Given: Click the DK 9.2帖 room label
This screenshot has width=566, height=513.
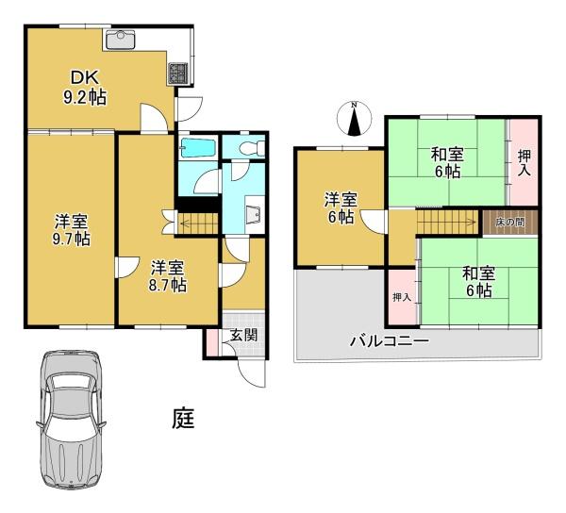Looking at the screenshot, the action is (85, 88).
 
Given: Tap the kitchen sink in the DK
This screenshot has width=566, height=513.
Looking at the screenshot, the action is (119, 40).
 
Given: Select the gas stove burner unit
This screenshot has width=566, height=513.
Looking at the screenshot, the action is (177, 74).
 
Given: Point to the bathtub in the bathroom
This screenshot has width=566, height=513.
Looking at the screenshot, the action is (198, 147).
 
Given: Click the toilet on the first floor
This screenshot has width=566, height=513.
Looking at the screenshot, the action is (252, 148).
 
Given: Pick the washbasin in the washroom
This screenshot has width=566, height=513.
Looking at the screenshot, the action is (255, 215).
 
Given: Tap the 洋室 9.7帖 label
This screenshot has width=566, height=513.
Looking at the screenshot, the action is (71, 230).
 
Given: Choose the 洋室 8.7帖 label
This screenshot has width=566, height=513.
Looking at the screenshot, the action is (168, 276).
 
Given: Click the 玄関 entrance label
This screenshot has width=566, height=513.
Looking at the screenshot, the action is (244, 336).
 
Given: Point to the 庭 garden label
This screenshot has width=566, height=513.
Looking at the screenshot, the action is (183, 418).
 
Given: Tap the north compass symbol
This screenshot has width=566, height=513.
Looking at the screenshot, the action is (354, 118).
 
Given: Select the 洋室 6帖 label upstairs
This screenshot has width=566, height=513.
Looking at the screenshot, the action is (341, 208).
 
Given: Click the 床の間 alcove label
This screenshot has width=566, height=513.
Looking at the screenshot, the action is (510, 223).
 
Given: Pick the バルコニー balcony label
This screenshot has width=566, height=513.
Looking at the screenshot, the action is (389, 340).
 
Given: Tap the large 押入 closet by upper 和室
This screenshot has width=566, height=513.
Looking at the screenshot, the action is (524, 162).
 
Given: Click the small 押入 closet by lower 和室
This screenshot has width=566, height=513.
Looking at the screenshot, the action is (402, 296).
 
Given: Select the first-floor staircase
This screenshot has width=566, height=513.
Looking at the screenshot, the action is (198, 224).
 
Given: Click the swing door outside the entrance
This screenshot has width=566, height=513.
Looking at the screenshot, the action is (252, 373).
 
